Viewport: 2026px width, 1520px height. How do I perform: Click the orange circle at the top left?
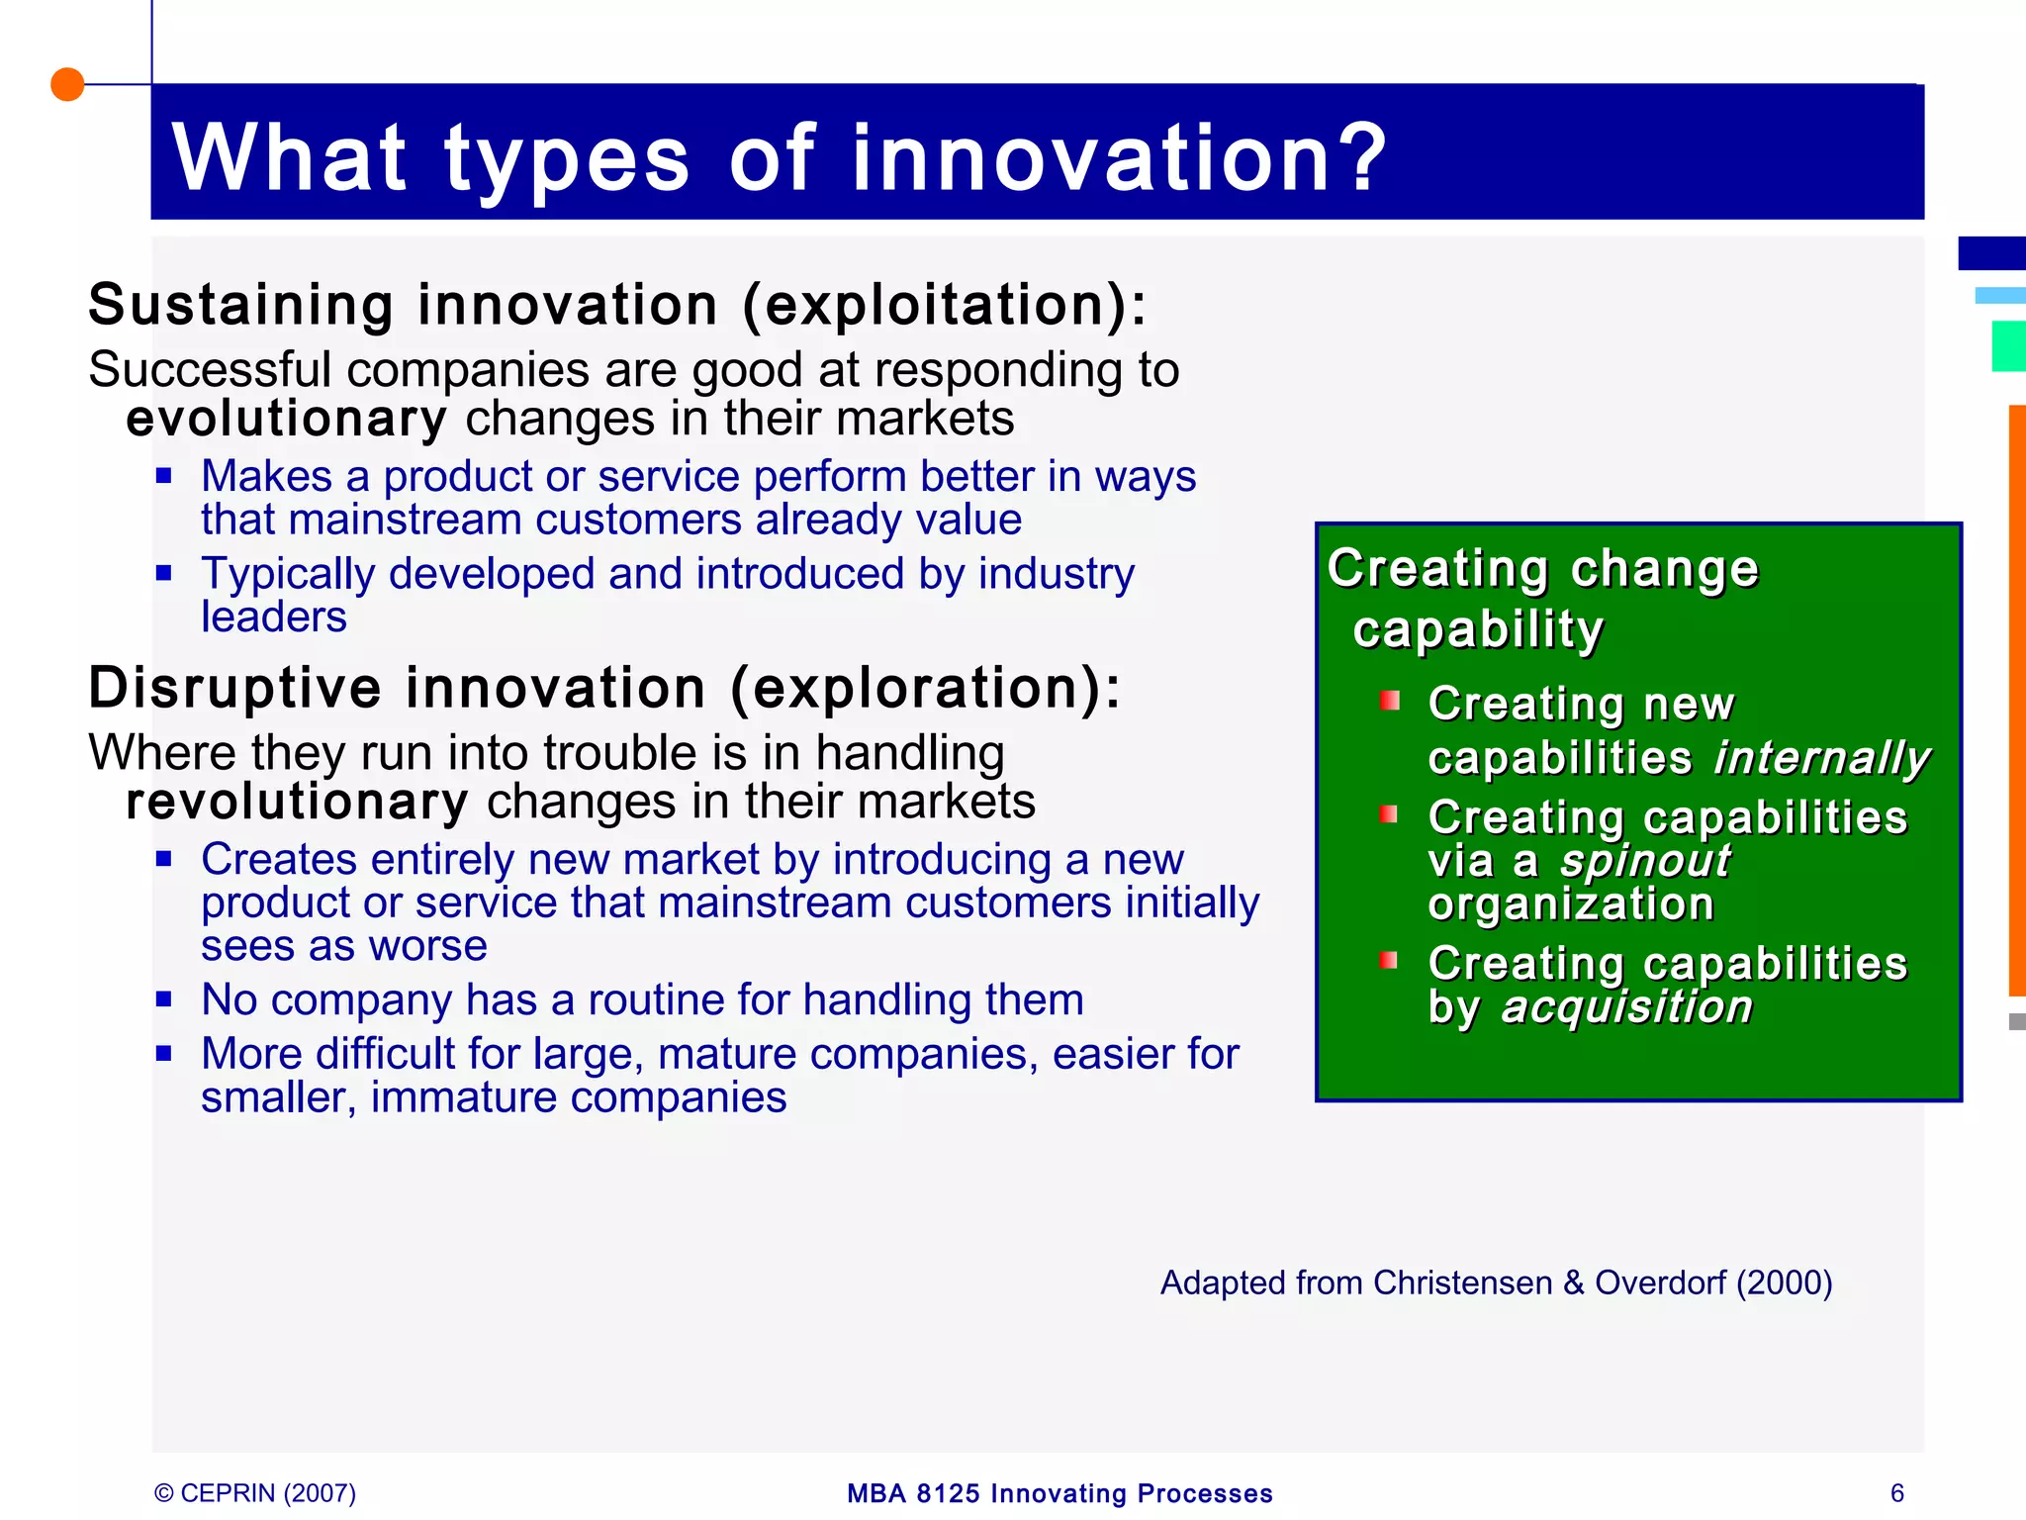tap(67, 85)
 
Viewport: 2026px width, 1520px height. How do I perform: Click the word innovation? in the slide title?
tap(1119, 158)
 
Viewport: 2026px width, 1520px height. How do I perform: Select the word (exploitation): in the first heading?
tap(945, 305)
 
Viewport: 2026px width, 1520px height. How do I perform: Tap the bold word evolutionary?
tap(286, 419)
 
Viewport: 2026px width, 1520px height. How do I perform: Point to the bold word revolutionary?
tap(297, 802)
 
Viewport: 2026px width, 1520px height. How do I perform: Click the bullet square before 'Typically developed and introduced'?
tap(164, 572)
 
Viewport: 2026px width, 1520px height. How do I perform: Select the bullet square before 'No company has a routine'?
tap(164, 998)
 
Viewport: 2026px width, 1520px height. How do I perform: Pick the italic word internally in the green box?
tap(1821, 758)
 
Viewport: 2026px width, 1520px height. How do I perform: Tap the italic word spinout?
tap(1645, 861)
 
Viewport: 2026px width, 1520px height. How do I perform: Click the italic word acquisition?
tap(1627, 1007)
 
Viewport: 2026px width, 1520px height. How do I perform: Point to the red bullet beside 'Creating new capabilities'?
tap(1390, 702)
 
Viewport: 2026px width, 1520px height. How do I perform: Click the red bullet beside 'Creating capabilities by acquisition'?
tap(1390, 960)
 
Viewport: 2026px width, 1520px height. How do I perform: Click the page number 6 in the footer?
tap(1896, 1492)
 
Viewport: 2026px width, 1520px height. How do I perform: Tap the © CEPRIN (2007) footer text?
tap(255, 1492)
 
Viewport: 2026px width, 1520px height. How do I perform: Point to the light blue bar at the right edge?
tap(2000, 295)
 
